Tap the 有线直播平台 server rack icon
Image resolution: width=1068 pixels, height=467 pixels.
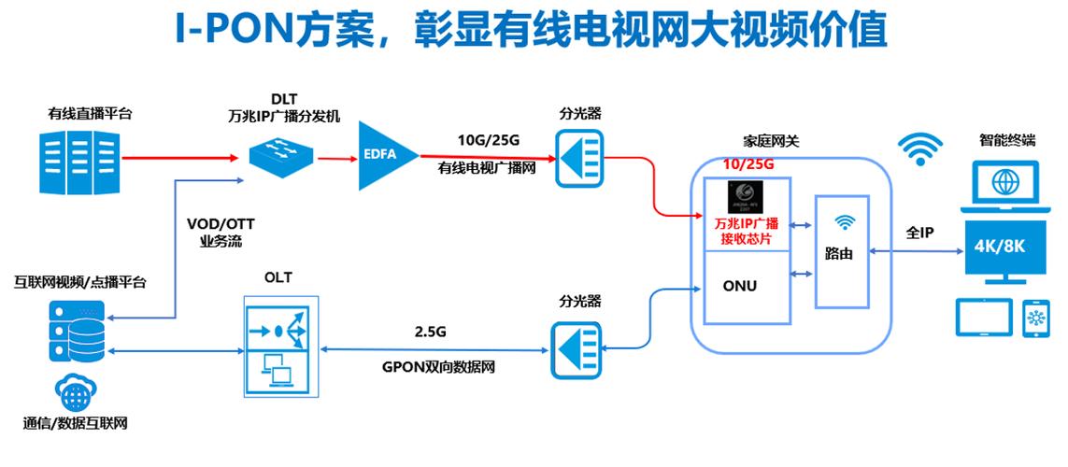pos(81,163)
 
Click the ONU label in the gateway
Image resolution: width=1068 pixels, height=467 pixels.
pos(739,286)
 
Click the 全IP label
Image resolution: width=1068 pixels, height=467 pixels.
pos(920,232)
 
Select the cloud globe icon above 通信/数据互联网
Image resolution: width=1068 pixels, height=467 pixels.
pos(77,390)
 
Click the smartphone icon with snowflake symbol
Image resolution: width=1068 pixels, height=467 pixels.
pos(1037,318)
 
